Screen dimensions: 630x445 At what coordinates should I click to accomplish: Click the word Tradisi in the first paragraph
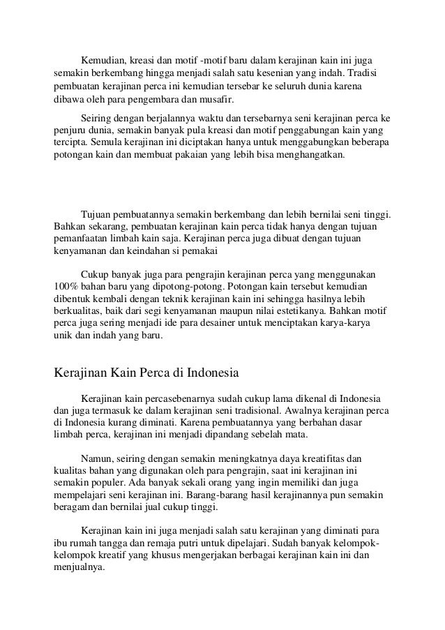[371, 73]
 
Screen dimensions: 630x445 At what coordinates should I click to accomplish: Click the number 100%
[66, 286]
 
